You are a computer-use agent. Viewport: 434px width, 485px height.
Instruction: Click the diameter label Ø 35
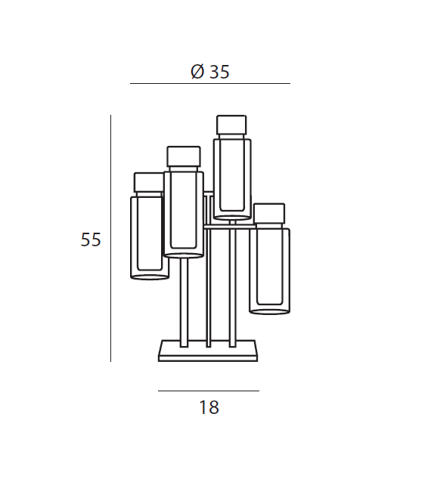click(x=210, y=72)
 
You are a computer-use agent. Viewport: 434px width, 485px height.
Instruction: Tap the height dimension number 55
click(x=91, y=240)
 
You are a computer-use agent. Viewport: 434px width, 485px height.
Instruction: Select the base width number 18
click(x=209, y=408)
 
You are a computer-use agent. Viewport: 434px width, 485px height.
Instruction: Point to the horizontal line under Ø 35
click(x=210, y=83)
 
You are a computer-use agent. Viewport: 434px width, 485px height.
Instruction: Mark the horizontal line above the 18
click(x=209, y=391)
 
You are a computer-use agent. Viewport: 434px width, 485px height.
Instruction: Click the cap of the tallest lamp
click(x=231, y=125)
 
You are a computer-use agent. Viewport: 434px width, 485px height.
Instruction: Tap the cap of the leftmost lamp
click(x=149, y=182)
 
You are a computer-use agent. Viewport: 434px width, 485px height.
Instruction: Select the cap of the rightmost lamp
click(x=269, y=213)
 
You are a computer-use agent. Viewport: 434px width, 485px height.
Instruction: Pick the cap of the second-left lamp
click(x=184, y=156)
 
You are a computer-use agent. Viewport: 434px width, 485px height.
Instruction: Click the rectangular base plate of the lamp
click(x=209, y=352)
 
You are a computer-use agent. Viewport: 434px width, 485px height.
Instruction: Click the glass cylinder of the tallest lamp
click(x=231, y=175)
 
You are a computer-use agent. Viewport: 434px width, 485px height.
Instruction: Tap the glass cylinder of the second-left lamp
click(x=184, y=212)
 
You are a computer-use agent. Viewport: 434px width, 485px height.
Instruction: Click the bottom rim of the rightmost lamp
click(x=269, y=310)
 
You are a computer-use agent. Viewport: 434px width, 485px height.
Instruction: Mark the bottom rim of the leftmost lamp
click(x=150, y=276)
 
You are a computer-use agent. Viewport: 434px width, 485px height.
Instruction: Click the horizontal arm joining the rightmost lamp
click(x=227, y=225)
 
